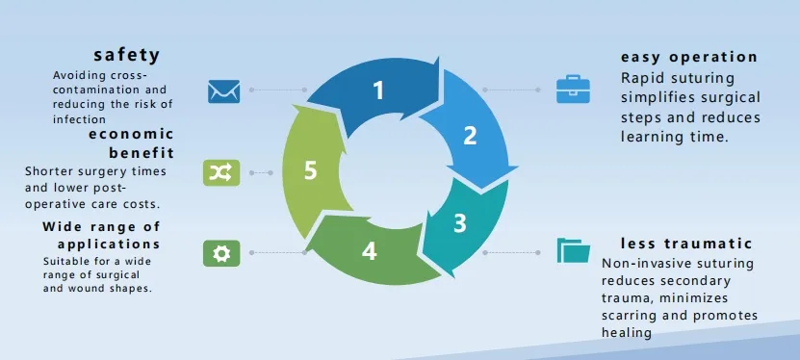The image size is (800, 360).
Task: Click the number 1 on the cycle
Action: [378, 90]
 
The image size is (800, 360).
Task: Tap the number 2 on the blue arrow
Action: [470, 136]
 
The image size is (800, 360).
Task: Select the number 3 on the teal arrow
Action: [460, 223]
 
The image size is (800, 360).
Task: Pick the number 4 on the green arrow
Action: [370, 251]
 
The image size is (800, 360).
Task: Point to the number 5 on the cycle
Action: [310, 170]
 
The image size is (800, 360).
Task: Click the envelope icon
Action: [223, 90]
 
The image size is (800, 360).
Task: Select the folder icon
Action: [574, 251]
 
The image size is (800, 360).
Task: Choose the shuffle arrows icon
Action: [220, 172]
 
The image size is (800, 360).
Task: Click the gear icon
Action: [220, 253]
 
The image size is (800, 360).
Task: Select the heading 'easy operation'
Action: [689, 57]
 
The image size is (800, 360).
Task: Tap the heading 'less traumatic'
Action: [686, 243]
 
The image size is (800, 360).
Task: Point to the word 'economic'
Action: [131, 135]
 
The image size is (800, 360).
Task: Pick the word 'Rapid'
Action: [643, 77]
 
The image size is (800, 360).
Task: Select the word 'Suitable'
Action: [67, 261]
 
